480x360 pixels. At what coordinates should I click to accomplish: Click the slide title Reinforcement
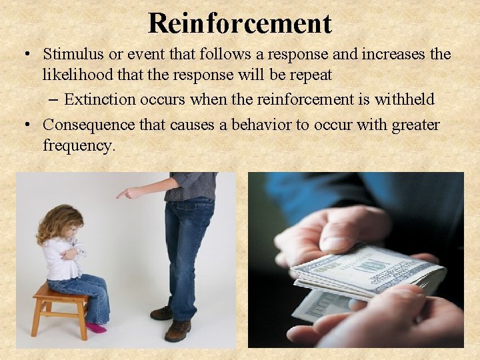coord(240,23)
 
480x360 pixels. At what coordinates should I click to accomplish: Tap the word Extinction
coord(99,100)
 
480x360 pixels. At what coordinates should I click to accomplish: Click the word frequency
coord(78,145)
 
